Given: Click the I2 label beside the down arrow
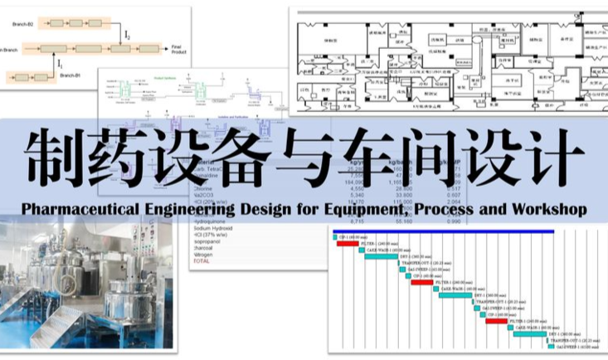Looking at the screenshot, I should tap(126, 35).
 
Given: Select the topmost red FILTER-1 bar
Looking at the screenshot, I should tap(348, 244).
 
